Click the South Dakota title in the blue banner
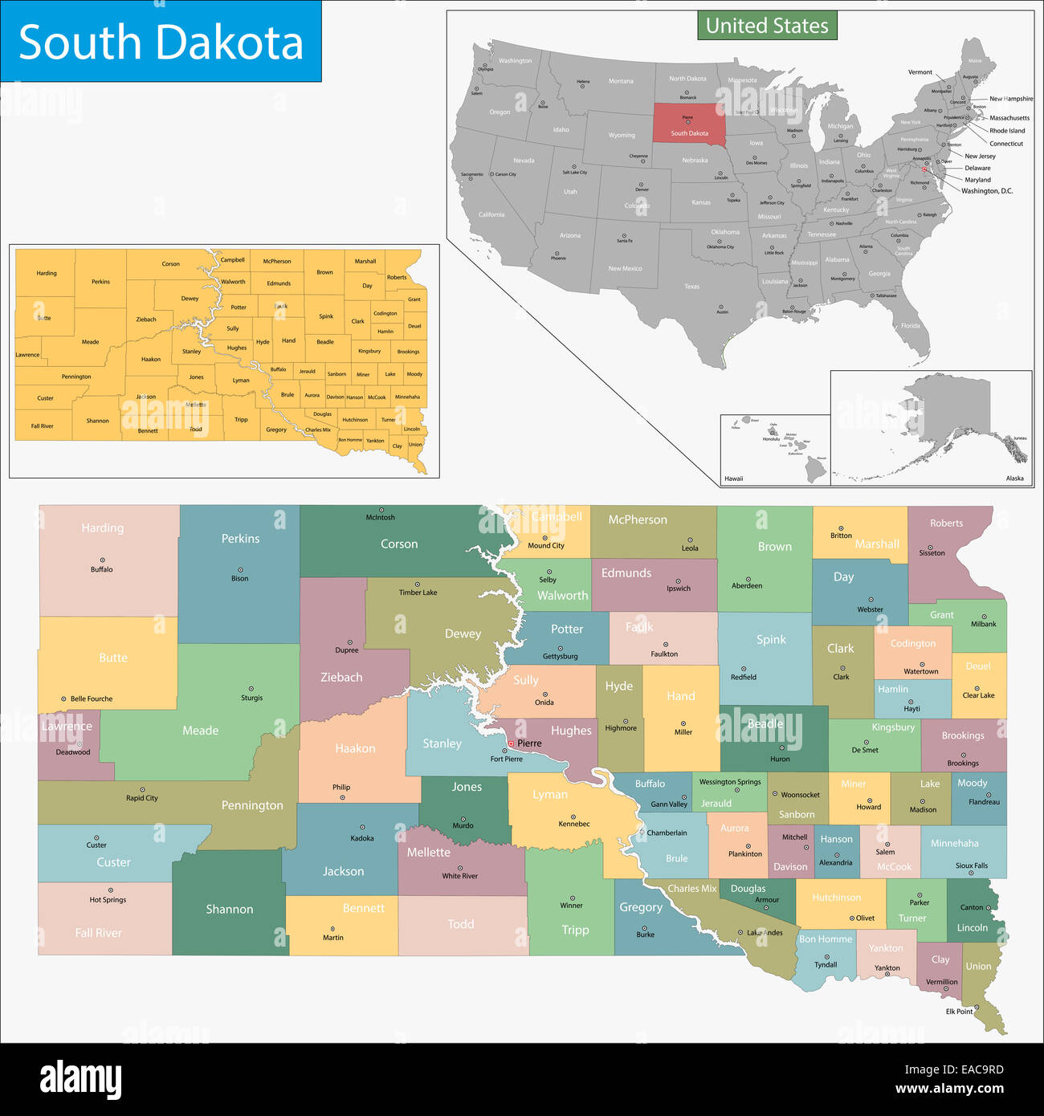(161, 42)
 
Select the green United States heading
(767, 26)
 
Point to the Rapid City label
(142, 798)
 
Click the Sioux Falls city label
(971, 866)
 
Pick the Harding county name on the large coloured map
(103, 527)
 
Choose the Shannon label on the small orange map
(97, 421)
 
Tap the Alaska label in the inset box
(1014, 479)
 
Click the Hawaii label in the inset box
(733, 479)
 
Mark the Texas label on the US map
(691, 287)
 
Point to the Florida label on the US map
(910, 326)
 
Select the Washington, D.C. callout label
(987, 191)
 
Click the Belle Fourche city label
(91, 699)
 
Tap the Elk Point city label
(959, 1012)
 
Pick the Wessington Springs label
(730, 782)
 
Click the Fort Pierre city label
(506, 759)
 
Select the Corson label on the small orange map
(170, 264)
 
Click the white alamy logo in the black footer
(80, 1079)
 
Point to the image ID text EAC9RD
(955, 1069)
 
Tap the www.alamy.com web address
(949, 1090)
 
